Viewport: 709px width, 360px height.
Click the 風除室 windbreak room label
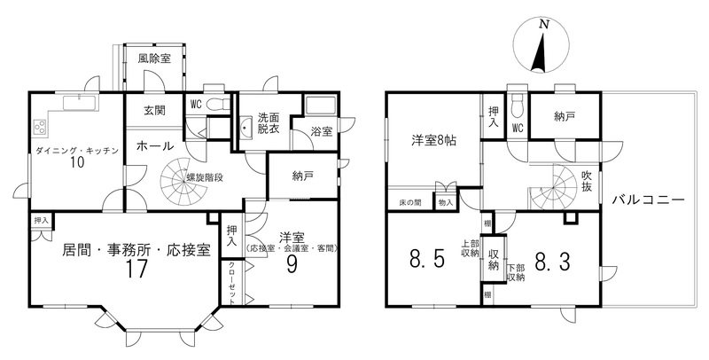pos(154,58)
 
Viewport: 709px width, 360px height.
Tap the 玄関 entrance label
pos(154,110)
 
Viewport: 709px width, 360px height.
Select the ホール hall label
pos(154,146)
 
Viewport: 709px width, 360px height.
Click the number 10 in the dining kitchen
pos(77,162)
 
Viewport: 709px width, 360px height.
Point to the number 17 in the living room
pos(136,269)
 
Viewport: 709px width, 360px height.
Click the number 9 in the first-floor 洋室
pos(292,265)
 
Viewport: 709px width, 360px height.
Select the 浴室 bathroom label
pos(322,131)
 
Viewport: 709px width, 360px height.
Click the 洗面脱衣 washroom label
pos(269,122)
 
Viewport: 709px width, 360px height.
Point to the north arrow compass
pos(541,46)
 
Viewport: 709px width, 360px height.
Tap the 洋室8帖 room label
pos(433,140)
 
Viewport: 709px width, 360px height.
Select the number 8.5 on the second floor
pos(428,260)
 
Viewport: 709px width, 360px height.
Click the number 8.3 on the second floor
pos(551,261)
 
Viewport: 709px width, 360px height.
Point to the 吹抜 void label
pos(587,181)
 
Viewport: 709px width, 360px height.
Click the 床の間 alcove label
pos(410,203)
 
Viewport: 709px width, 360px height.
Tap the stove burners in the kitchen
pos(40,126)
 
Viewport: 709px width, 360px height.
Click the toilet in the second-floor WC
pos(517,105)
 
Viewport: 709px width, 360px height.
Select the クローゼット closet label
pos(231,283)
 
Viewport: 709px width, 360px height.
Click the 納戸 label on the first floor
pos(302,176)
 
